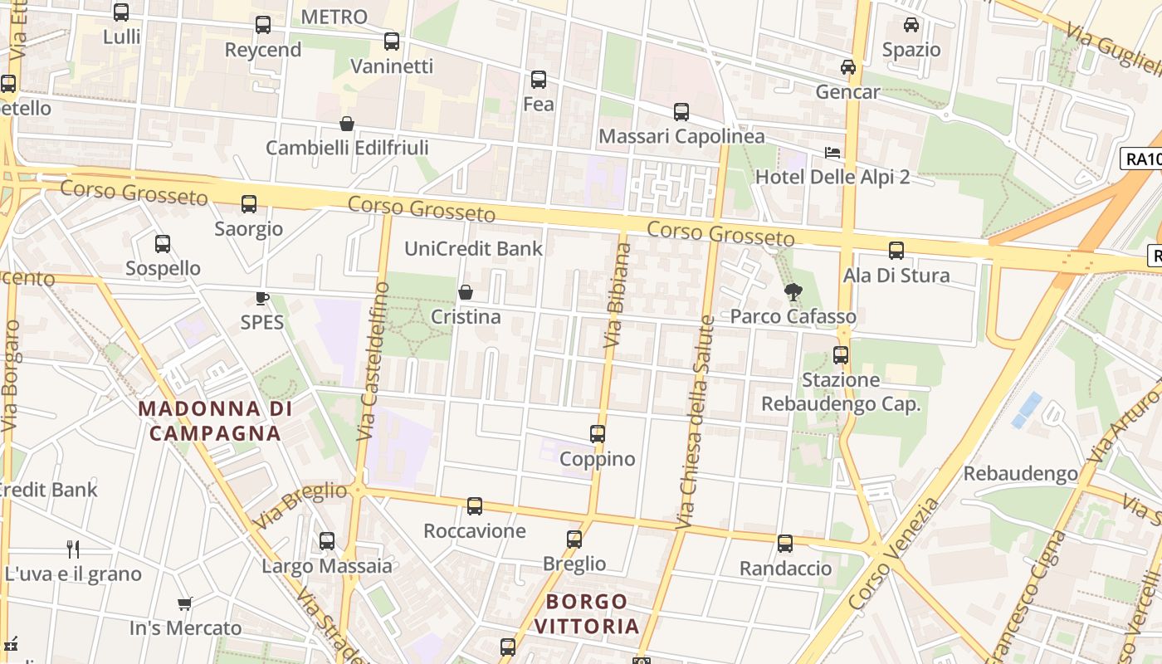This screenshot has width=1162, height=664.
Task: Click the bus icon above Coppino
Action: tap(598, 434)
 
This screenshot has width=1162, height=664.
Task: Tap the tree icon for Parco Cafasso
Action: tap(793, 291)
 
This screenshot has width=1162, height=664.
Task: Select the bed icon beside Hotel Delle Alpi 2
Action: tap(832, 153)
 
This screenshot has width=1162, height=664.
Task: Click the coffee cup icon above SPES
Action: tap(262, 298)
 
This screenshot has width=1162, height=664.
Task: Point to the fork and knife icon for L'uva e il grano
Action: tap(73, 549)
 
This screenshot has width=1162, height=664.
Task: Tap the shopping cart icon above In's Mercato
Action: tap(184, 603)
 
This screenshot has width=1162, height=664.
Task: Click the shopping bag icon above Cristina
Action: tap(466, 292)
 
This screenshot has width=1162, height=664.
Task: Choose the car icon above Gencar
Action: tap(847, 67)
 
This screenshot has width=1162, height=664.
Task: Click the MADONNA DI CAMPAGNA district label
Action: tap(215, 421)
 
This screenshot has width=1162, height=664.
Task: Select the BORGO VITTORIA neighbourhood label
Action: tap(587, 613)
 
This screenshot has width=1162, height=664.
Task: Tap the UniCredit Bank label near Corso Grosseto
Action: tap(473, 248)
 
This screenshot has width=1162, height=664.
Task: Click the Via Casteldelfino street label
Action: tap(373, 361)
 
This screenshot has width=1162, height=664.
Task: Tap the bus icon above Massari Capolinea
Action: tap(681, 111)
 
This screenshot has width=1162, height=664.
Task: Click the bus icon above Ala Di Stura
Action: tap(896, 250)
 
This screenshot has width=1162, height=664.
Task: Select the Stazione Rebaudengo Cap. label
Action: tap(841, 392)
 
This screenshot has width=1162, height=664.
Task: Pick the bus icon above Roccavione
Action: tap(475, 505)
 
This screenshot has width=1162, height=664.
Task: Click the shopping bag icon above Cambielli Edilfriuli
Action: tap(347, 124)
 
